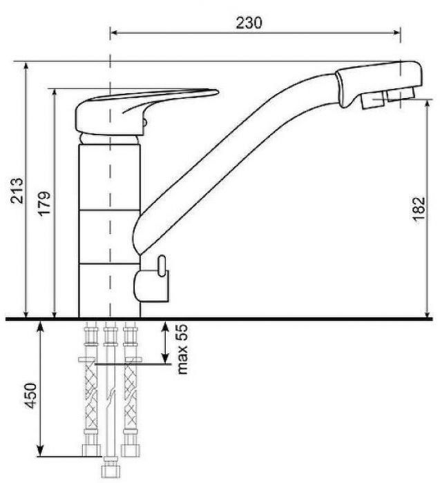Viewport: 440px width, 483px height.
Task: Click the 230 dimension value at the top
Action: (x=249, y=23)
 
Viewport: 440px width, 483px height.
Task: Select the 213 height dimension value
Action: (x=17, y=190)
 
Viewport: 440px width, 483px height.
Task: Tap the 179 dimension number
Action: (x=44, y=204)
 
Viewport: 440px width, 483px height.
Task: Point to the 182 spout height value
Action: (x=419, y=209)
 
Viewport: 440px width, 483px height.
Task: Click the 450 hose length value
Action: (x=30, y=395)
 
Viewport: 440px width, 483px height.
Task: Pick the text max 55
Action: (x=182, y=349)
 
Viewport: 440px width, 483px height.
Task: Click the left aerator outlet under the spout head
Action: (x=372, y=101)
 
